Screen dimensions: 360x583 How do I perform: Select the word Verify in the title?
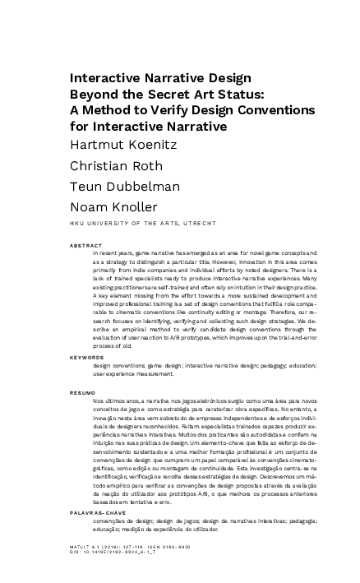[x=173, y=112]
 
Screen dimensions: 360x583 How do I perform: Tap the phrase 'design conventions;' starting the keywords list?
[x=118, y=366]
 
